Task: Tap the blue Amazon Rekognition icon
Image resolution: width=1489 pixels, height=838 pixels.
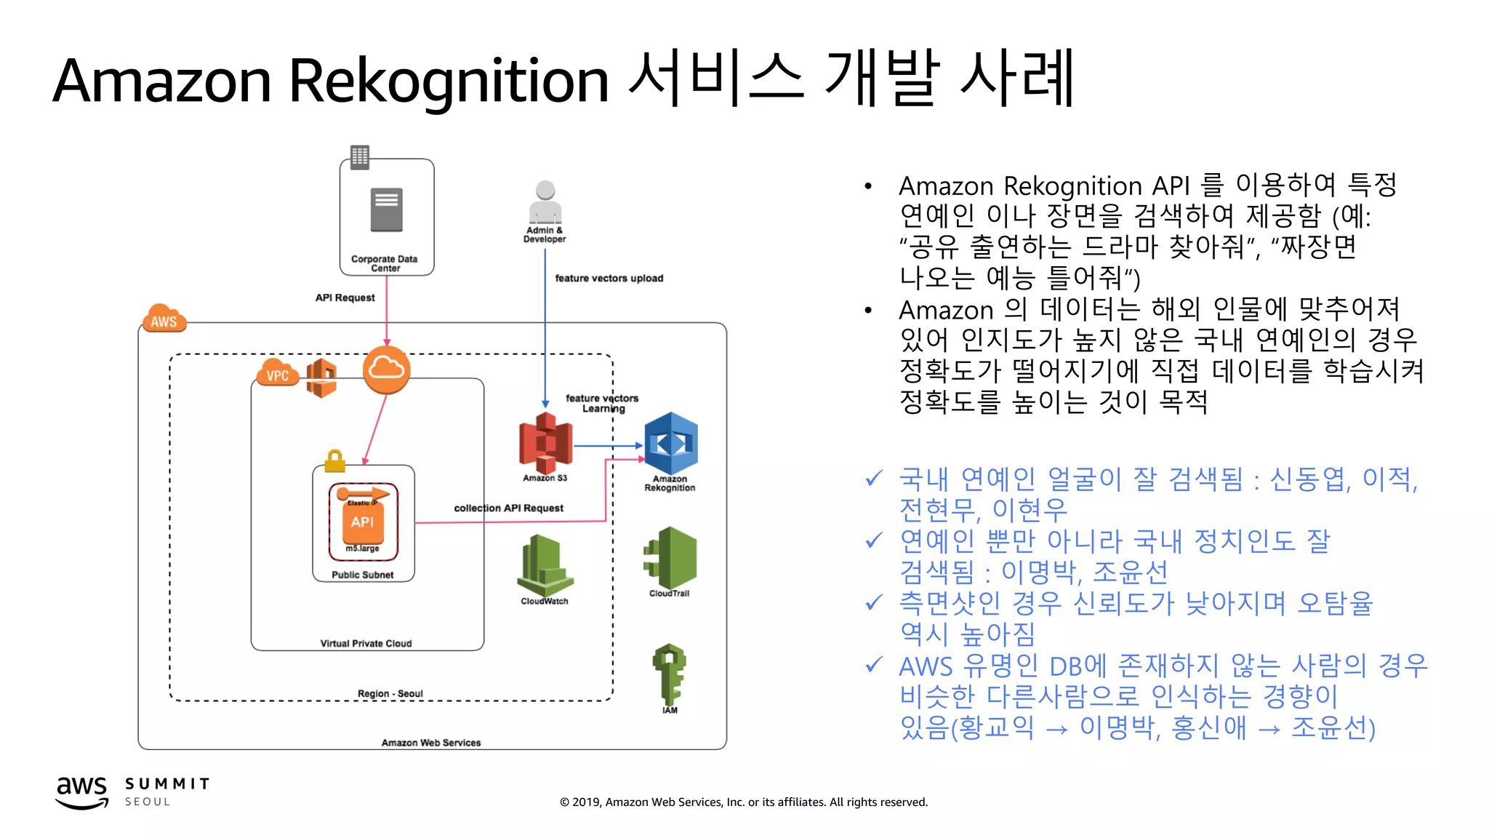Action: tap(670, 444)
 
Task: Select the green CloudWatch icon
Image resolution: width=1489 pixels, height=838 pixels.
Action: tap(545, 565)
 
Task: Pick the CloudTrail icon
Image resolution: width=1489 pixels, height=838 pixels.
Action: tap(670, 558)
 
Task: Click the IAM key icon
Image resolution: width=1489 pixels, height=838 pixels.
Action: tap(669, 673)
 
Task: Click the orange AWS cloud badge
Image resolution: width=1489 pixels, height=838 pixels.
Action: tap(164, 319)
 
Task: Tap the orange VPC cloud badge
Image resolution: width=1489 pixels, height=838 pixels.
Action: tap(277, 374)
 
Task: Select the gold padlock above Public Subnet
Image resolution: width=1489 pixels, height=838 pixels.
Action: tap(334, 460)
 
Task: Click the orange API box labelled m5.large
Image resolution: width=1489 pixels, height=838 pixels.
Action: tap(363, 522)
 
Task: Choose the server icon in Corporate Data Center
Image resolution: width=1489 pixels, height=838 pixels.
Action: tap(386, 210)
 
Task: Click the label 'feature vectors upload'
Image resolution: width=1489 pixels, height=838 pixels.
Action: tap(609, 278)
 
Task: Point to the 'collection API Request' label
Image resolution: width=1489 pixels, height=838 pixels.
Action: tap(508, 508)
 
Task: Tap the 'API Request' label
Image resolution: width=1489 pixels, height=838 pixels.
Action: tap(345, 298)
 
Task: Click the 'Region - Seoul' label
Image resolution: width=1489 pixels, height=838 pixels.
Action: tap(390, 693)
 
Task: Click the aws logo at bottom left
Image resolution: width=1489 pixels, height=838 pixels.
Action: tap(82, 791)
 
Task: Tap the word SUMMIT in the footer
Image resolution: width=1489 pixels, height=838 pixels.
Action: tap(167, 783)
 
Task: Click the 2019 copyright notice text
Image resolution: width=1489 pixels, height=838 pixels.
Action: tap(743, 802)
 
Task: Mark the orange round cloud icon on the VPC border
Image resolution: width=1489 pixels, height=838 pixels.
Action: tap(386, 370)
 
